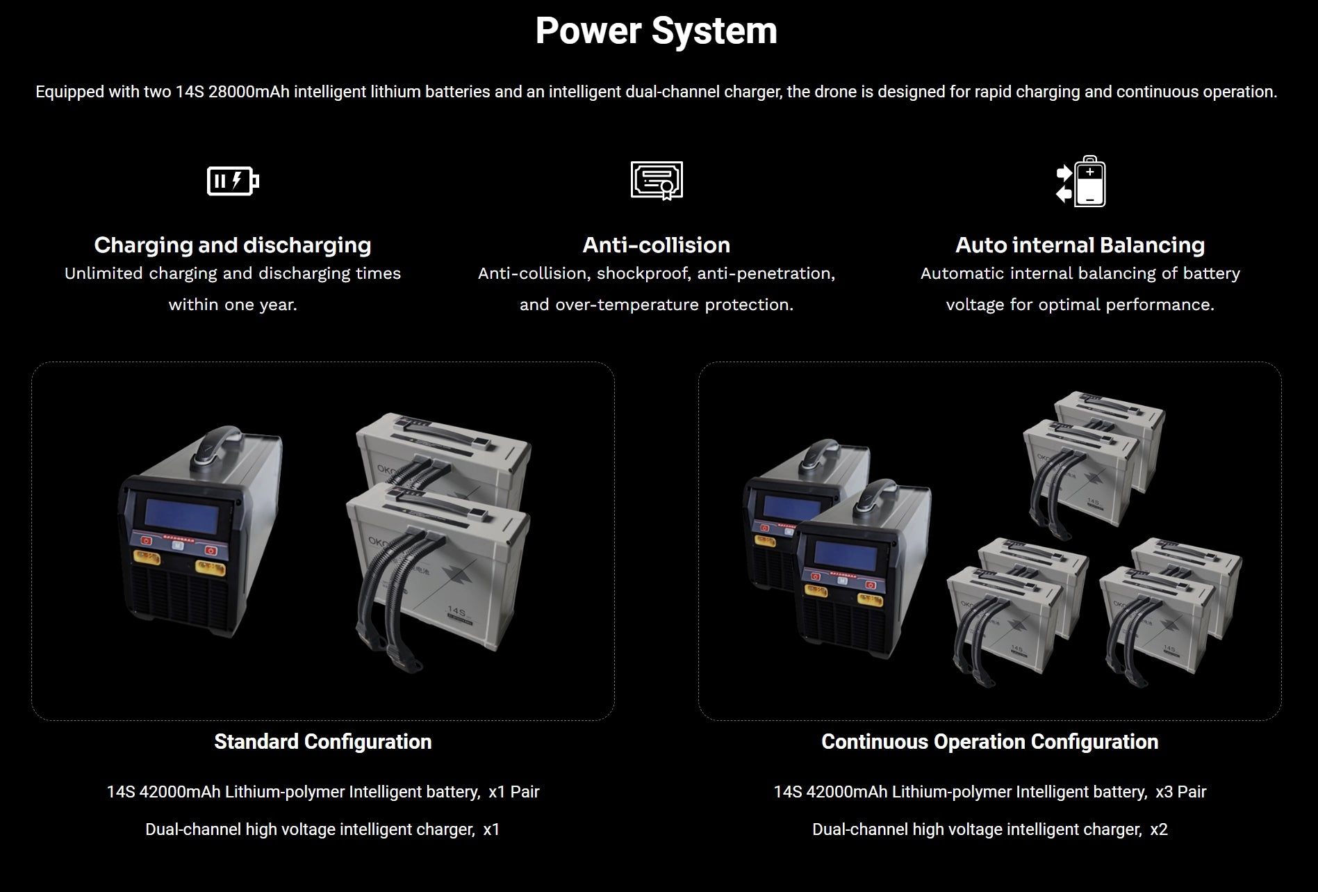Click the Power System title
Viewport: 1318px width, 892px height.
pos(656,31)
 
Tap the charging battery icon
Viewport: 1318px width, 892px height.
pos(233,181)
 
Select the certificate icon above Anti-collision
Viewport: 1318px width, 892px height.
pos(657,181)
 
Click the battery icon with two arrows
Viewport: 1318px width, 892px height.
pos(1080,181)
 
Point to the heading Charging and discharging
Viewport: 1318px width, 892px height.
pos(233,245)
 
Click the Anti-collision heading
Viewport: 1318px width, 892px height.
pos(657,245)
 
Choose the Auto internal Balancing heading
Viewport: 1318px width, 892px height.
pos(1080,245)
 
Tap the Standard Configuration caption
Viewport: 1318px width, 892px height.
pos(323,742)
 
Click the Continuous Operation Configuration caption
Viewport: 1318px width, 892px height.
pos(990,742)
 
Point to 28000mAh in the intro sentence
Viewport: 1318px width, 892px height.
pos(249,92)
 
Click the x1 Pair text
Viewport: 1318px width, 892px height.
pos(514,792)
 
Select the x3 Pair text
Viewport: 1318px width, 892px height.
pos(1181,792)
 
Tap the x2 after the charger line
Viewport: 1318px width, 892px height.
pos(1159,829)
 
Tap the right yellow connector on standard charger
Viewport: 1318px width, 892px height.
pos(211,567)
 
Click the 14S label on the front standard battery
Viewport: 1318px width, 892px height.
pos(456,611)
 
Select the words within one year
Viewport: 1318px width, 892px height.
pos(233,305)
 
